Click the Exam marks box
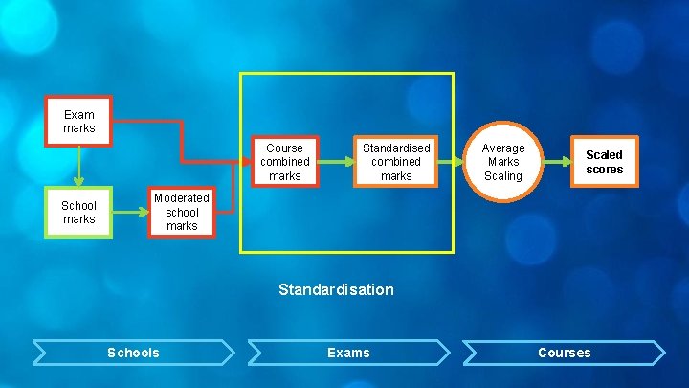78,122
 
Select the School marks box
78,213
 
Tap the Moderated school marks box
182,212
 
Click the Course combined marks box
284,162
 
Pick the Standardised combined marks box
396,162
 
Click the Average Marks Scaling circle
502,162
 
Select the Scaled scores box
604,162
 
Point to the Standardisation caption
336,289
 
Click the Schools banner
133,353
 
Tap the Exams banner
348,353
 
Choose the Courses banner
564,353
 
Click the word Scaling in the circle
502,176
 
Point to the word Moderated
182,198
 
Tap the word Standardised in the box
396,148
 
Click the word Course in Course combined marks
284,148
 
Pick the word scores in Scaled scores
604,170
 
